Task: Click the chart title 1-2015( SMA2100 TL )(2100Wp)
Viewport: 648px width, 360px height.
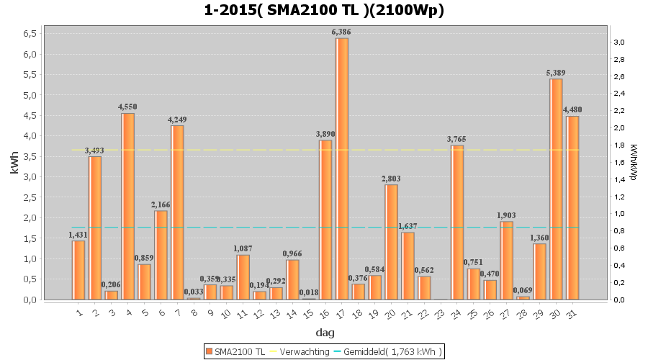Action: [324, 11]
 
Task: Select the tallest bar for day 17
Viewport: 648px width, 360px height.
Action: [342, 168]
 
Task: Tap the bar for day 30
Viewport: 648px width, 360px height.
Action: [556, 189]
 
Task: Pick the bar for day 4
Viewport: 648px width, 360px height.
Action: [128, 206]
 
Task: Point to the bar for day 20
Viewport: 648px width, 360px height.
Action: [392, 242]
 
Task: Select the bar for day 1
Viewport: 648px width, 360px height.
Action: [78, 270]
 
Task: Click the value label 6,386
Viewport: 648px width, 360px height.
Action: [341, 32]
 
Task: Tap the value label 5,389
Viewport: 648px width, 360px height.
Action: [556, 73]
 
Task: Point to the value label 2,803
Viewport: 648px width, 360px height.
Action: [392, 179]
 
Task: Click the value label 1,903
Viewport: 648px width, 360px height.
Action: [506, 215]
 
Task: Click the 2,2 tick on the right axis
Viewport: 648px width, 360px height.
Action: [618, 111]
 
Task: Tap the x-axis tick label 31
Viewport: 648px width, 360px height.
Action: [571, 313]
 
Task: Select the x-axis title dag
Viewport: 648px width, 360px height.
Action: [324, 333]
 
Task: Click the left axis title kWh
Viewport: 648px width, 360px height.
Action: [14, 163]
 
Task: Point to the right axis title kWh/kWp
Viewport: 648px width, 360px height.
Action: [634, 163]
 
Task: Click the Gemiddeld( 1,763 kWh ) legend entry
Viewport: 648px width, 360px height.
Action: [390, 351]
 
